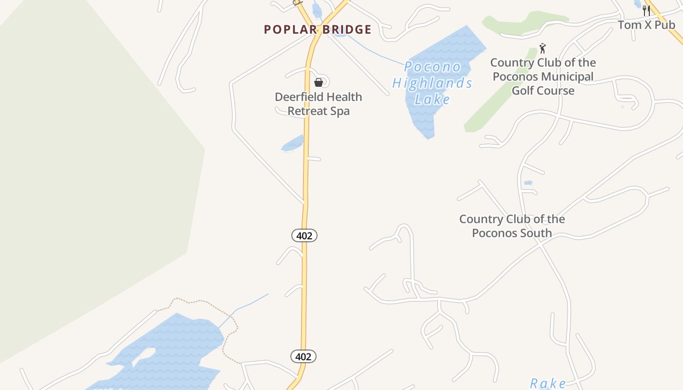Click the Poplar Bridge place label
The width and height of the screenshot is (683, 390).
pyautogui.click(x=318, y=30)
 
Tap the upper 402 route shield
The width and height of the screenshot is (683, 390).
pyautogui.click(x=304, y=236)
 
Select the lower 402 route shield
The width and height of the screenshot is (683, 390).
pyautogui.click(x=303, y=357)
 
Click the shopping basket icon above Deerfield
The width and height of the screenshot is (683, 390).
pyautogui.click(x=319, y=82)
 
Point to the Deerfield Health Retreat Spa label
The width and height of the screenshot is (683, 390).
pyautogui.click(x=318, y=104)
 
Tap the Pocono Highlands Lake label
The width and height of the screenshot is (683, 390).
pyautogui.click(x=432, y=83)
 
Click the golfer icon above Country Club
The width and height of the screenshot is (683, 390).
pyautogui.click(x=542, y=48)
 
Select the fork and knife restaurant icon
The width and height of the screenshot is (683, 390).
pyautogui.click(x=646, y=11)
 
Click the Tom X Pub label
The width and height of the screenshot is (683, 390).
pyautogui.click(x=646, y=25)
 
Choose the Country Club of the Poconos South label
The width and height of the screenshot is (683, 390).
pyautogui.click(x=512, y=226)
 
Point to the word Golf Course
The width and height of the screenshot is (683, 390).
pyautogui.click(x=543, y=91)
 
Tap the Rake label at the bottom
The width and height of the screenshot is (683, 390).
pyautogui.click(x=548, y=383)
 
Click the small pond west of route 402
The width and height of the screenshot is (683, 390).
pyautogui.click(x=293, y=144)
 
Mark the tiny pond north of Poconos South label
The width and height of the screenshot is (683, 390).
pyautogui.click(x=528, y=183)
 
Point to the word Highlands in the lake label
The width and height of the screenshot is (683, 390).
pyautogui.click(x=432, y=83)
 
